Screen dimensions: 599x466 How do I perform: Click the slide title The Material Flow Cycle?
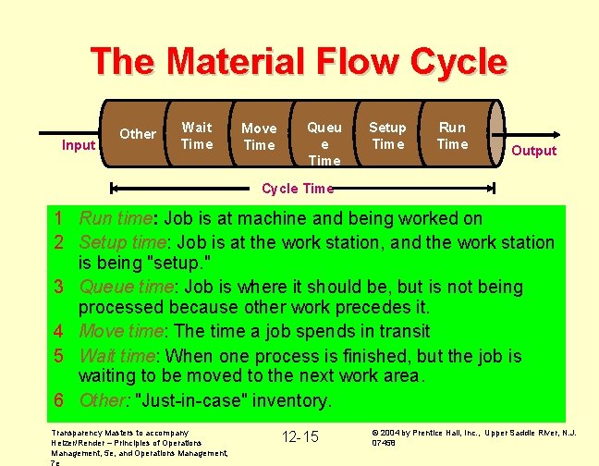(299, 63)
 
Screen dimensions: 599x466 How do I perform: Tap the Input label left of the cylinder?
(79, 145)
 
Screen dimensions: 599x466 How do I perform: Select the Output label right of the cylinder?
(533, 151)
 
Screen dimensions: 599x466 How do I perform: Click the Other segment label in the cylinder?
(138, 134)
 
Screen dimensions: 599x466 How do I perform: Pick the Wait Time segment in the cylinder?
(197, 136)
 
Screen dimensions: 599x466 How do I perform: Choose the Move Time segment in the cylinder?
(259, 137)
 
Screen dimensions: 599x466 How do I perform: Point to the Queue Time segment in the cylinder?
(324, 143)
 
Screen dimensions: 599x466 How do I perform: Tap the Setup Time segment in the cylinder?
(387, 136)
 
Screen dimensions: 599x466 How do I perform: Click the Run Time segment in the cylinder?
(452, 136)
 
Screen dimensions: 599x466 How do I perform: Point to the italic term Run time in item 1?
(116, 219)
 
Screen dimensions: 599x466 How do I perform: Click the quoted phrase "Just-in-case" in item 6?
(200, 401)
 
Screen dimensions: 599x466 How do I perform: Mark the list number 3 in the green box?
(57, 288)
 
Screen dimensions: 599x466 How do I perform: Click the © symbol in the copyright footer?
(373, 432)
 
